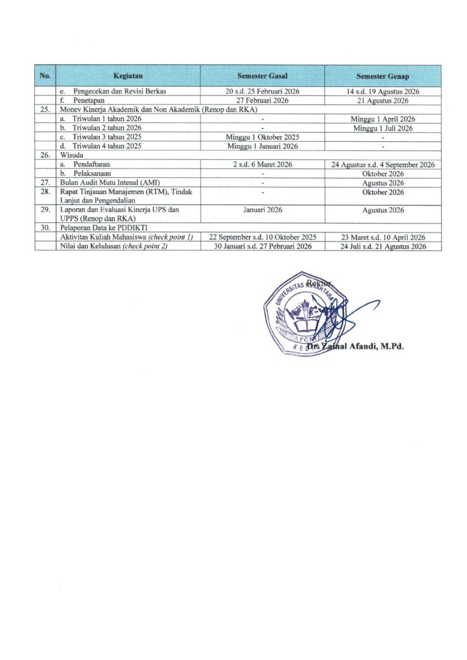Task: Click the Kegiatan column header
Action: [128, 76]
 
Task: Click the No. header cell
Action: [45, 76]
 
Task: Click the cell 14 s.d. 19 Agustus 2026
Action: [383, 92]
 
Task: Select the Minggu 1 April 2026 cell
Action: [383, 119]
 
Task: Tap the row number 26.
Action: [45, 155]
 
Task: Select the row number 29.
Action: [45, 210]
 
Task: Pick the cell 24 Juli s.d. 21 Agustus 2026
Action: [383, 246]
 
